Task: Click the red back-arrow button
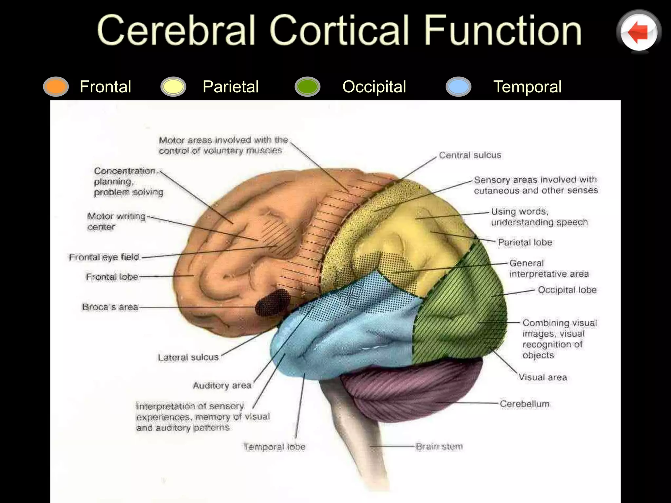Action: [x=639, y=32]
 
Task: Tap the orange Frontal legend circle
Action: [x=56, y=86]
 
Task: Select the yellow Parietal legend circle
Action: [x=173, y=86]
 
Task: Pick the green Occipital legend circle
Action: [x=307, y=86]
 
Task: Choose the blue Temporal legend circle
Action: [x=458, y=86]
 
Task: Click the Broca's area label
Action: [x=110, y=307]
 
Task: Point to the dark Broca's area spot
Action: [x=273, y=302]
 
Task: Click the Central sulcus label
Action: [x=470, y=155]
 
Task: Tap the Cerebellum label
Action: [x=525, y=404]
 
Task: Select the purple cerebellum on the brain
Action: [x=410, y=390]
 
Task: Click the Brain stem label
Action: [x=439, y=446]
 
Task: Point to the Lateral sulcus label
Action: [x=188, y=357]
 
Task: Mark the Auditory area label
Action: [x=222, y=385]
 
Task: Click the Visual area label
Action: [x=543, y=377]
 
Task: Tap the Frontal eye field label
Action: [x=104, y=257]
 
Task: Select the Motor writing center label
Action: [x=116, y=221]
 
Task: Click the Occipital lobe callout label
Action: [x=567, y=290]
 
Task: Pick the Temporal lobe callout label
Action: [x=274, y=447]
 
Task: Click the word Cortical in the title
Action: [x=339, y=30]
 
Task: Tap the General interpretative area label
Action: [x=549, y=268]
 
